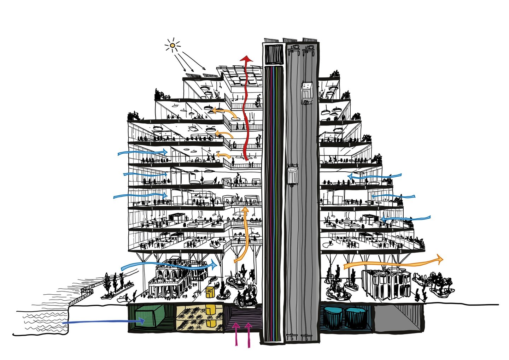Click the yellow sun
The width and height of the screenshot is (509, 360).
172,45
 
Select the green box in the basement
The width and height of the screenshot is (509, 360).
148,317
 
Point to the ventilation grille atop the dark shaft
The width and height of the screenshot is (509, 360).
274,54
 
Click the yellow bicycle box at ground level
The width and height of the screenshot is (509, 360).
210,293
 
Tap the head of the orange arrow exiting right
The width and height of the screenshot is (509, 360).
440,259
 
